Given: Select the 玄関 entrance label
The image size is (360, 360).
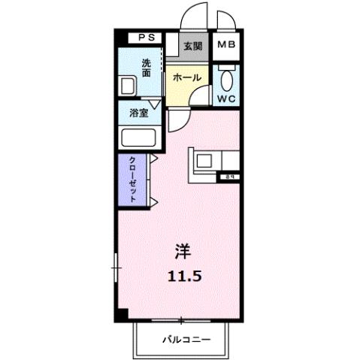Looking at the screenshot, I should click(x=193, y=46).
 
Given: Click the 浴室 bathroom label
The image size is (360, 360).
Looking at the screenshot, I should click(x=138, y=114).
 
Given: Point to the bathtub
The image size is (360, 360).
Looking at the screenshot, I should click(x=138, y=139).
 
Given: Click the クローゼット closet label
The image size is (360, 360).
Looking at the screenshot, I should click(x=132, y=178).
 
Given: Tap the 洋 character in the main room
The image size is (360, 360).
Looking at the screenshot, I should click(x=183, y=250).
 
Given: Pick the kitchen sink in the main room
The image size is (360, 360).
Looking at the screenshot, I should click(x=206, y=160).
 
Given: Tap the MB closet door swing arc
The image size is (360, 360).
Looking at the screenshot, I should click(x=225, y=19).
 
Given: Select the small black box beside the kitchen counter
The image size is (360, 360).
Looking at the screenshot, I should click(x=226, y=177).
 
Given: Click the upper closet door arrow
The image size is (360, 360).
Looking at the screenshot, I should click(x=153, y=159).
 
